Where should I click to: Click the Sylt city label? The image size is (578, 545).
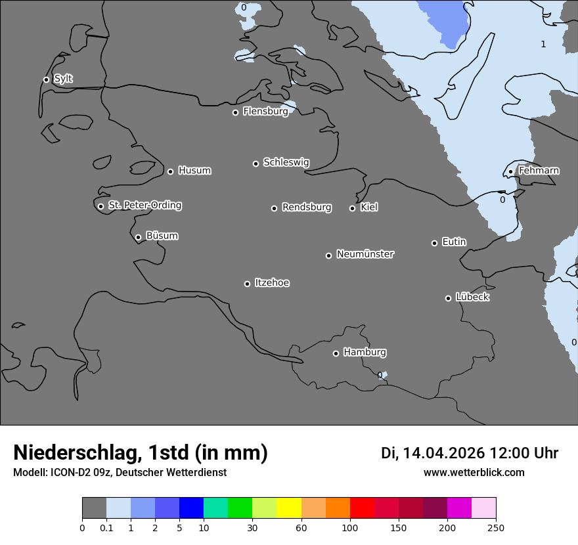(63, 79)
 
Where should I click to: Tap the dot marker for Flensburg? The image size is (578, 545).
(235, 112)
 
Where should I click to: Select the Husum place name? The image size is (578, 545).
(194, 171)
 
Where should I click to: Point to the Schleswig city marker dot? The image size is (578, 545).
(256, 163)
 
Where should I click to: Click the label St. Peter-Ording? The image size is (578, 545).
(145, 206)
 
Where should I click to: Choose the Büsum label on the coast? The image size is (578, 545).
(162, 236)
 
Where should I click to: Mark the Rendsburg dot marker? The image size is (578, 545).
(274, 208)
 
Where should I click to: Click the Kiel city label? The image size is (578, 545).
(369, 207)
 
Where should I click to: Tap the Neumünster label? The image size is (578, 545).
(365, 254)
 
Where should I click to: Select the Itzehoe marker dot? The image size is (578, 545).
(247, 284)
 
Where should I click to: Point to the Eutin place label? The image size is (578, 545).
(454, 242)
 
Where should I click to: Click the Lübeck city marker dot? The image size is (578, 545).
(448, 298)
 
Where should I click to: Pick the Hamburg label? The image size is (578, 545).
(365, 353)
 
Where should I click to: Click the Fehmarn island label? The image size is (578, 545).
(539, 171)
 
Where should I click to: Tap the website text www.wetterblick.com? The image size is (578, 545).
(474, 473)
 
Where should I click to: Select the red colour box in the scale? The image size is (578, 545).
(362, 508)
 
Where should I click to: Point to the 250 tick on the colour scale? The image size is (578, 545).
(496, 527)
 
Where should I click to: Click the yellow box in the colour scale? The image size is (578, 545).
(289, 508)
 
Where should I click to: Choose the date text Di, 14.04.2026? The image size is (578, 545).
(433, 453)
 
